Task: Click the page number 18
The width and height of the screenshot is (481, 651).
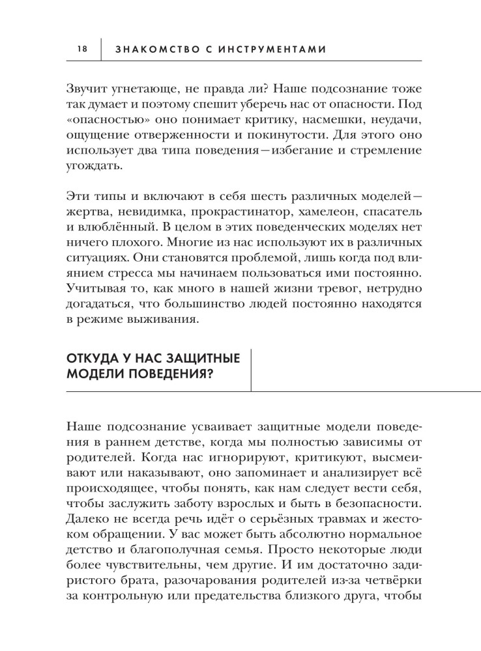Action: [81, 48]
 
